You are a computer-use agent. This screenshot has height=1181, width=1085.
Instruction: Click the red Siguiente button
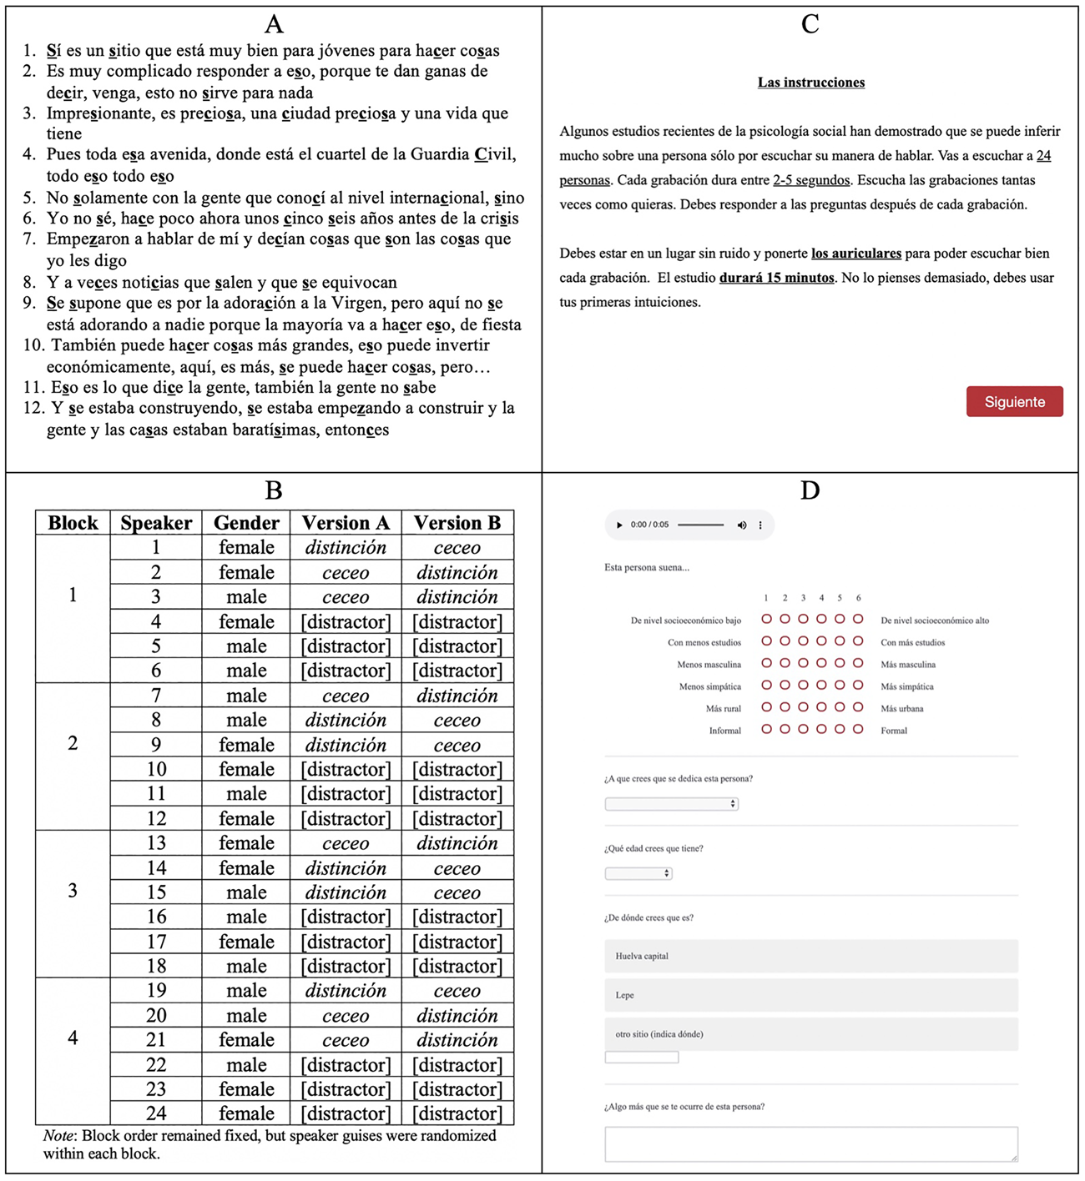pyautogui.click(x=1014, y=401)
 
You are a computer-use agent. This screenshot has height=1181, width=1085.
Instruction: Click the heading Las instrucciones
pyautogui.click(x=810, y=83)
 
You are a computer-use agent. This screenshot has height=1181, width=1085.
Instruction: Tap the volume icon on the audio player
pyautogui.click(x=741, y=525)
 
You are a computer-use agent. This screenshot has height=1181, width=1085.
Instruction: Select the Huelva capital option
pyautogui.click(x=810, y=956)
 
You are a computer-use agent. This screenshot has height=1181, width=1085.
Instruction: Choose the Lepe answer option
pyautogui.click(x=810, y=995)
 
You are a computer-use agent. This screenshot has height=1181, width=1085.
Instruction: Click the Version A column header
pyautogui.click(x=346, y=523)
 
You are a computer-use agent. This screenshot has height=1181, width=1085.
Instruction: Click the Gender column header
pyautogui.click(x=246, y=523)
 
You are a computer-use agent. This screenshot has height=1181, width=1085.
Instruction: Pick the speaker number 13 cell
pyautogui.click(x=156, y=843)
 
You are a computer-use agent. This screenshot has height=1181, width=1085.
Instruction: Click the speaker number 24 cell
pyautogui.click(x=156, y=1113)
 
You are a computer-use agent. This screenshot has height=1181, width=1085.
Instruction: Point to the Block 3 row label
pyautogui.click(x=73, y=891)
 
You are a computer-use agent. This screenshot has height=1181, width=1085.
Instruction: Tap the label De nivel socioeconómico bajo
pyautogui.click(x=685, y=621)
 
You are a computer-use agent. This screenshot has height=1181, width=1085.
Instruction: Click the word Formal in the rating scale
pyautogui.click(x=894, y=731)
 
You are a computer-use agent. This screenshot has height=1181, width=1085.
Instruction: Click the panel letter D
pyautogui.click(x=810, y=490)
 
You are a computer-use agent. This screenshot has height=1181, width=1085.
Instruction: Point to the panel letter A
pyautogui.click(x=273, y=23)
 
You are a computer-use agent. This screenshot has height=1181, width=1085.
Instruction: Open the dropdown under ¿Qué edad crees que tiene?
pyautogui.click(x=638, y=873)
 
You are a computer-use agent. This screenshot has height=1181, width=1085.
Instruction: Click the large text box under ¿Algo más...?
pyautogui.click(x=810, y=1143)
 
